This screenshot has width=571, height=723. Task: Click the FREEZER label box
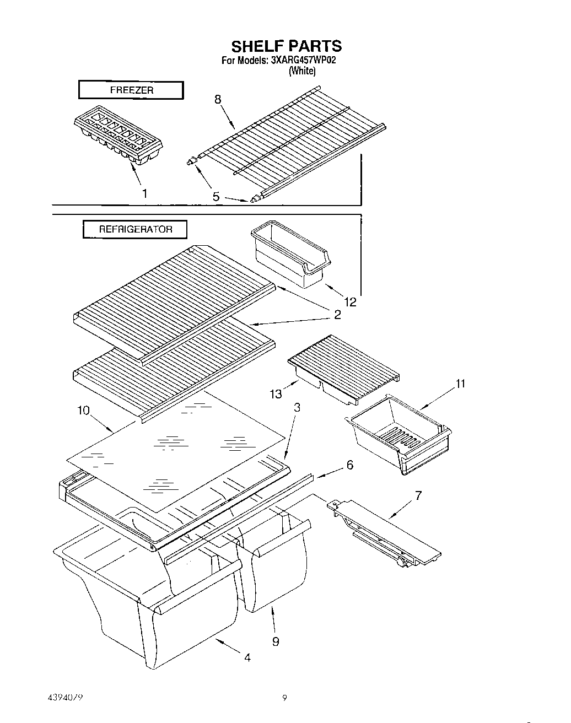(x=131, y=90)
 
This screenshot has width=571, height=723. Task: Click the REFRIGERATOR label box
(x=135, y=229)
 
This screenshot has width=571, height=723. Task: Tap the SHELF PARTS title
(x=286, y=45)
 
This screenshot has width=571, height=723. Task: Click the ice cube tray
(x=118, y=134)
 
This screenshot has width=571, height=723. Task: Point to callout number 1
(x=144, y=193)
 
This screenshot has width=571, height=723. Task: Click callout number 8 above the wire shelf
(x=218, y=99)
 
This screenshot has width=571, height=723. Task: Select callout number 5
(x=216, y=196)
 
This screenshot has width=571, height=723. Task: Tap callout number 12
(x=350, y=301)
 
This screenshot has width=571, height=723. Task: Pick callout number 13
(x=276, y=393)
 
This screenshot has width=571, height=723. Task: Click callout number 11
(x=461, y=384)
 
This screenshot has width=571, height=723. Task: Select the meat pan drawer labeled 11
(x=399, y=435)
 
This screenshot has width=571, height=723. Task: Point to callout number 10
(x=83, y=411)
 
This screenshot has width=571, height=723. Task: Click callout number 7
(x=418, y=495)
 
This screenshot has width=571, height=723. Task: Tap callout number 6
(x=349, y=465)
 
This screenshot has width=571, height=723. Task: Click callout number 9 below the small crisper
(x=276, y=641)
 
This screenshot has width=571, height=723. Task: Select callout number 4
(x=247, y=657)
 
